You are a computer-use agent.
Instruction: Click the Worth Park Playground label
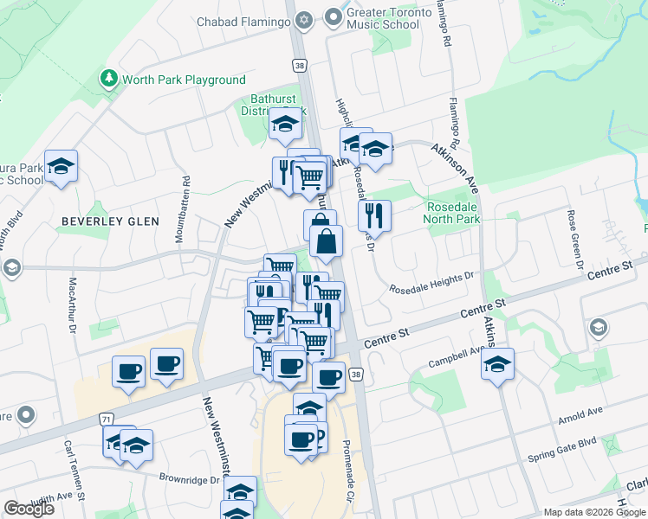[x=184, y=80]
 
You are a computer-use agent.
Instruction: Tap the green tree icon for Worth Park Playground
[x=109, y=80]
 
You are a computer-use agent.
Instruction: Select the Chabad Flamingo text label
[x=243, y=21]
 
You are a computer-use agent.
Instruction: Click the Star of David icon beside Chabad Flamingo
[x=303, y=19]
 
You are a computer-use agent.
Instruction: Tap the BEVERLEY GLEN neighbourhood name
[x=110, y=221]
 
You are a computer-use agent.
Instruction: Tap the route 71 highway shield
[x=106, y=419]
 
